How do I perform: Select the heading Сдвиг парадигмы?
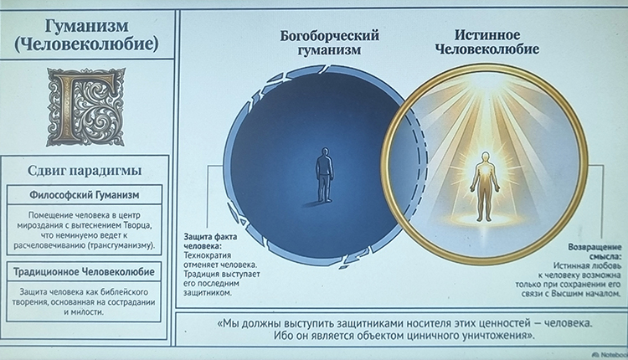86,171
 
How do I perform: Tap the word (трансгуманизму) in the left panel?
123,245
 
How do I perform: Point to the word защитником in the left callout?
210,293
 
